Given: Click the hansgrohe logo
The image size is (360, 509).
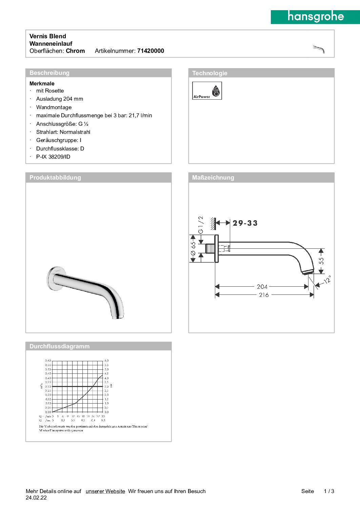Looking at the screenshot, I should pyautogui.click(x=315, y=17).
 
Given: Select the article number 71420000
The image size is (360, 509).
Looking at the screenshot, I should pyautogui.click(x=151, y=51).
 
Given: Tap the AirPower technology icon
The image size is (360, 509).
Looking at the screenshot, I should pyautogui.click(x=207, y=90).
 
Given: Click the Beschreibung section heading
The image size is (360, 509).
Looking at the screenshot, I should pyautogui.click(x=49, y=73).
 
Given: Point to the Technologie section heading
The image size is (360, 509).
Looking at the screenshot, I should pyautogui.click(x=210, y=73).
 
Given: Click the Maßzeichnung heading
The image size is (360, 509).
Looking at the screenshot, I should pyautogui.click(x=213, y=178).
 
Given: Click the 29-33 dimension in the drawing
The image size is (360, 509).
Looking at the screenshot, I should pyautogui.click(x=245, y=223).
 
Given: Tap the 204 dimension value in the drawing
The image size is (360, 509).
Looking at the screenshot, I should pyautogui.click(x=262, y=287).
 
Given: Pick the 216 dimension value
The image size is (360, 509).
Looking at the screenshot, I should pyautogui.click(x=264, y=295).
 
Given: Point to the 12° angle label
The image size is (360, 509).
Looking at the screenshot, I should pyautogui.click(x=327, y=280).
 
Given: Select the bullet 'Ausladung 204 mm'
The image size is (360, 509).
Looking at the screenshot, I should pyautogui.click(x=60, y=99).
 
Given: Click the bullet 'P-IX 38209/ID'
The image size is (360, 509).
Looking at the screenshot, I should pyautogui.click(x=53, y=157).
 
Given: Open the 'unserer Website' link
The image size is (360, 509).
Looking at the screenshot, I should pyautogui.click(x=105, y=491).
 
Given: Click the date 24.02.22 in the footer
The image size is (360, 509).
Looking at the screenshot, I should pyautogui.click(x=36, y=498).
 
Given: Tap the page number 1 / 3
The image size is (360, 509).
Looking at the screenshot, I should pyautogui.click(x=329, y=491).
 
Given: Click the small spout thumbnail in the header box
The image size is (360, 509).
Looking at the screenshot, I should pyautogui.click(x=319, y=49).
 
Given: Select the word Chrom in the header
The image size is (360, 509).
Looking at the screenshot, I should pyautogui.click(x=75, y=51).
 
